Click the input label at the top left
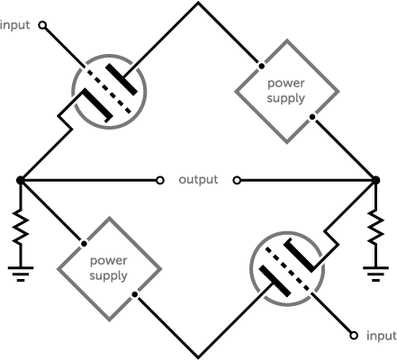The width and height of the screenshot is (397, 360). pyautogui.click(x=14, y=25)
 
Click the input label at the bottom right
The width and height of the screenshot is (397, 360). pyautogui.click(x=382, y=336)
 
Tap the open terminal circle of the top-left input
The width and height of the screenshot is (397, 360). pyautogui.click(x=42, y=25)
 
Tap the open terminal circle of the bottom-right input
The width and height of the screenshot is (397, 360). pyautogui.click(x=354, y=336)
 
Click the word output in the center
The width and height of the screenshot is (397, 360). pyautogui.click(x=198, y=179)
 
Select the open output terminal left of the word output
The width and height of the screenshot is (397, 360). pyautogui.click(x=160, y=180)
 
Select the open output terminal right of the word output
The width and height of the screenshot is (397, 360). pyautogui.click(x=237, y=180)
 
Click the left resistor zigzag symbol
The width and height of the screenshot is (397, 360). pyautogui.click(x=21, y=227)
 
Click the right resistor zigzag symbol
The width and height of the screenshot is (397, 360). pyautogui.click(x=375, y=227)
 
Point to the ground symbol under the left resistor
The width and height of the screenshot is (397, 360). pyautogui.click(x=21, y=274)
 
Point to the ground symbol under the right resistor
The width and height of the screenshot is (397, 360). pyautogui.click(x=375, y=274)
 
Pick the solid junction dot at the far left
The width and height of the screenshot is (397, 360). pyautogui.click(x=20, y=180)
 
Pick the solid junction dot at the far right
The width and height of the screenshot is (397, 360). pyautogui.click(x=375, y=180)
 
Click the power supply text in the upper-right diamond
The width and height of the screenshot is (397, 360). pyautogui.click(x=286, y=91)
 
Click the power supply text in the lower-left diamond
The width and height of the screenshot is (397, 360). pyautogui.click(x=108, y=268)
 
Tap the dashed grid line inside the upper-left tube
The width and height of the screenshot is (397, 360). pyautogui.click(x=109, y=92)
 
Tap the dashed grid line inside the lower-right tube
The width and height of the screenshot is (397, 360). pyautogui.click(x=287, y=269)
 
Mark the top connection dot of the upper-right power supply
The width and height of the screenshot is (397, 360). pyautogui.click(x=262, y=66)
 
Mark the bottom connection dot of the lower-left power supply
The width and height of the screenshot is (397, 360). pyautogui.click(x=135, y=294)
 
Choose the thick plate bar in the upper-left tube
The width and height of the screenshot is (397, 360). pyautogui.click(x=122, y=79)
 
